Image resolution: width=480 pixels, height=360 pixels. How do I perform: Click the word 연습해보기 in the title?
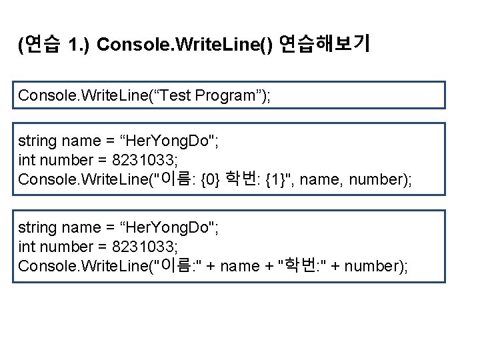[325, 45]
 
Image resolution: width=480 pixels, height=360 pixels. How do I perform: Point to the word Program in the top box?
[224, 95]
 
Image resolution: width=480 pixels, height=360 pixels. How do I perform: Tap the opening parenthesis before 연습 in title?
[21, 45]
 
